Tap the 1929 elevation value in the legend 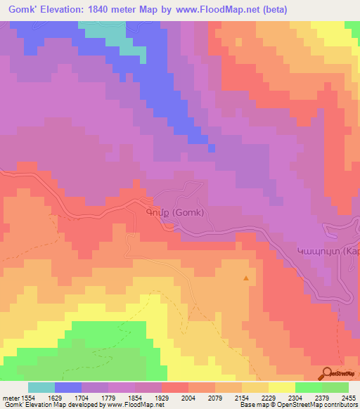coord(162,398)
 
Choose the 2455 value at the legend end coord(349,398)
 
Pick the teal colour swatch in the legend coord(41,387)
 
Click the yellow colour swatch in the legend coord(281,387)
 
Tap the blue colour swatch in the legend coord(68,387)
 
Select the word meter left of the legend coord(10,398)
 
